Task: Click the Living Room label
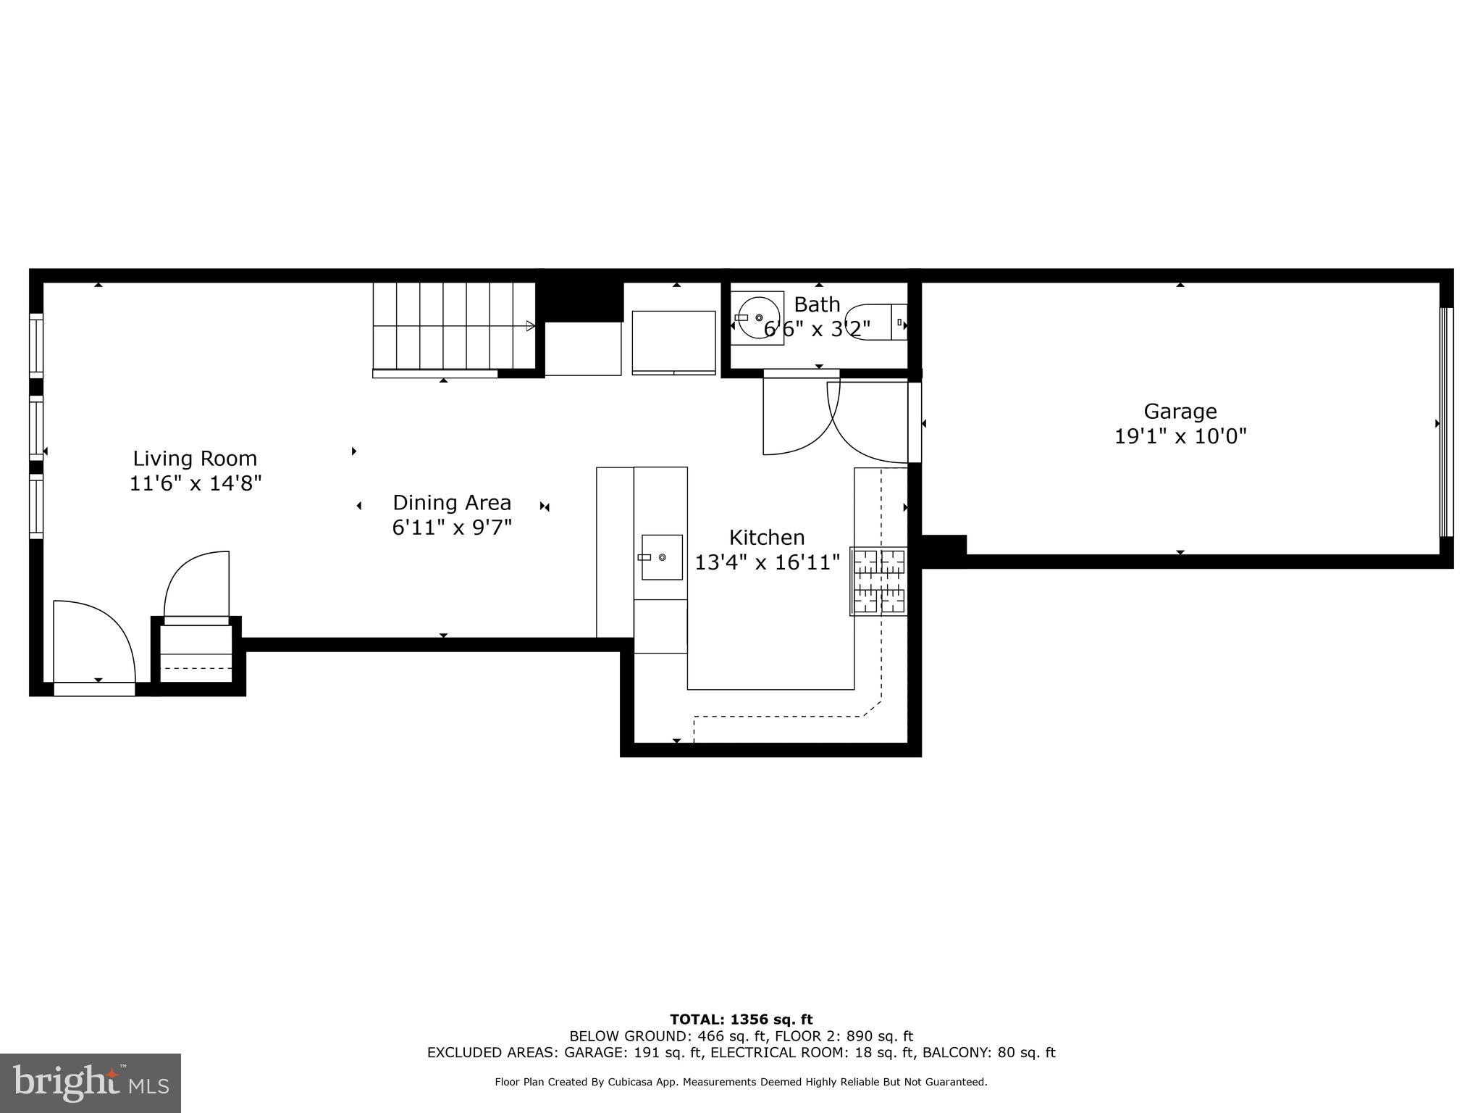(x=195, y=459)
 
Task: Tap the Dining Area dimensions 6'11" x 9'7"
(x=452, y=528)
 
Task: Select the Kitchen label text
(x=767, y=538)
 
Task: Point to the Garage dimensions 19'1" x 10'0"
(x=1180, y=436)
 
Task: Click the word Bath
(x=817, y=304)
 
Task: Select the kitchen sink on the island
(x=662, y=557)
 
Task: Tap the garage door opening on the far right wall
(x=1445, y=422)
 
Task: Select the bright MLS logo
(x=91, y=1083)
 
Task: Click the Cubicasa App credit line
(x=741, y=1082)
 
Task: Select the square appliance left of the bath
(x=673, y=342)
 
